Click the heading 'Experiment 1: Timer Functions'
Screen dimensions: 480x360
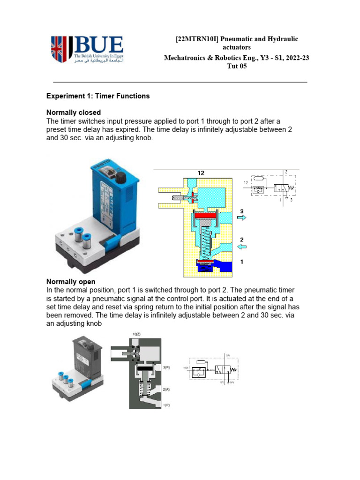97,96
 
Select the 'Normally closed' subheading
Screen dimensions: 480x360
73,112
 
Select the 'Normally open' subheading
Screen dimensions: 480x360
71,282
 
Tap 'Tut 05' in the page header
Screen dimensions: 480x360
237,67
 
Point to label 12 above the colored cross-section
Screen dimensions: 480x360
201,173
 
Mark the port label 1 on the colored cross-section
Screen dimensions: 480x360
241,262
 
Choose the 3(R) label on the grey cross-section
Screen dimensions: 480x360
167,368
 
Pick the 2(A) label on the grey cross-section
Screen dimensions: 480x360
167,390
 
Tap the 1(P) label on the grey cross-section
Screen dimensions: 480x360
167,405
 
